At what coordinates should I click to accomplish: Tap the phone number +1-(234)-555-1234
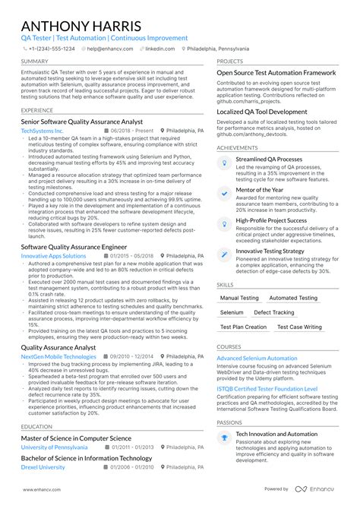pos(51,48)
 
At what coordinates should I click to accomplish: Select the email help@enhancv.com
pos(110,48)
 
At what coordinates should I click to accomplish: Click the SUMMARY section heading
pos(35,62)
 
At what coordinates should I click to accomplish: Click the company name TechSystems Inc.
pos(42,131)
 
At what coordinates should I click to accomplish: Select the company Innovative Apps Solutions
pos(53,256)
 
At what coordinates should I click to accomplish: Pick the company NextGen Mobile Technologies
pos(58,356)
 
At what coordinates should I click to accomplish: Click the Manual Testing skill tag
pos(239,299)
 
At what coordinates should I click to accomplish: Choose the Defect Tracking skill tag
pos(273,312)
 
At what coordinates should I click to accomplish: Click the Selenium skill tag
pos(232,312)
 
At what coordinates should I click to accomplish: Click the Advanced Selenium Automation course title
pos(257,358)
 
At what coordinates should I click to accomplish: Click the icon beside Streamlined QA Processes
pos(224,163)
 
